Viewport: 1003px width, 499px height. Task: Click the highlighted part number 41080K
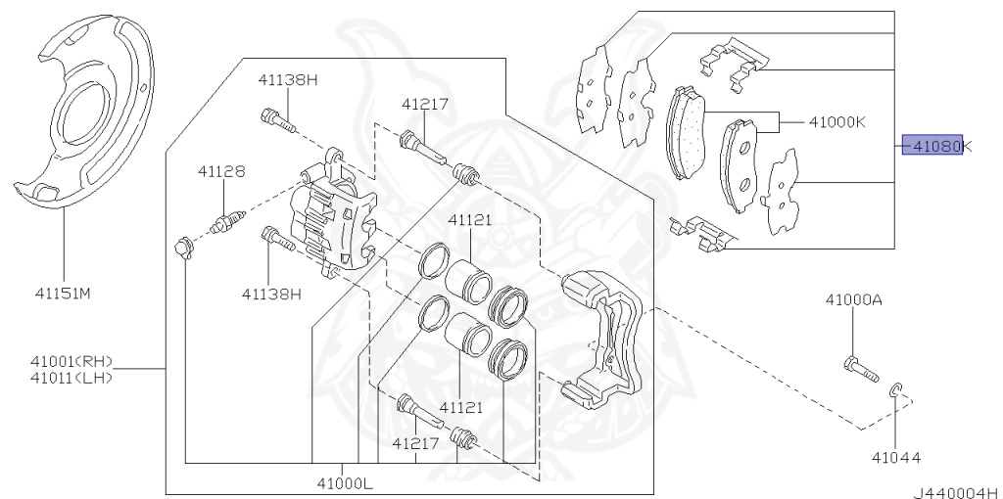935,147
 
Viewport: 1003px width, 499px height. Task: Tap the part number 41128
220,171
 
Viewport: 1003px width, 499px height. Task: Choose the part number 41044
897,457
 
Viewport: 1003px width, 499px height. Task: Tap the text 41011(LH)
72,378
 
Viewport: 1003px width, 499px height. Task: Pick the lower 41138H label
272,293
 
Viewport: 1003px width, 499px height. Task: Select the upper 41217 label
424,103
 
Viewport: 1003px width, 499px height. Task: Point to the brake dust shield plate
88,117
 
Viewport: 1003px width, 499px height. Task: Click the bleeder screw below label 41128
225,220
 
